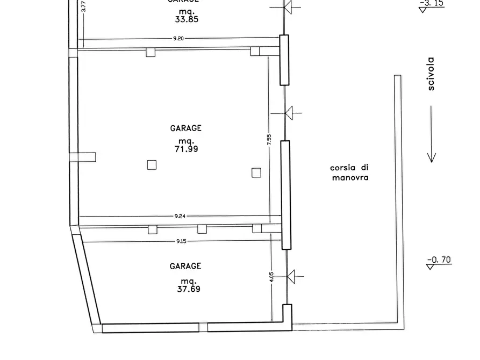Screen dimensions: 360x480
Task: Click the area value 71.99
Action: coord(186,149)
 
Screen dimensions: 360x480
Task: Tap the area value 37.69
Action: coord(186,289)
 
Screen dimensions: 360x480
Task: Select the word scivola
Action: coord(431,74)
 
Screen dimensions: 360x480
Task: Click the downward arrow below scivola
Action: coord(431,134)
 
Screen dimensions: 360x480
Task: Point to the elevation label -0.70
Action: coord(439,261)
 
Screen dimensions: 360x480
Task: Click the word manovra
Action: coord(350,177)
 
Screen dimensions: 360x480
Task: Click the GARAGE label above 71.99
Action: coord(186,128)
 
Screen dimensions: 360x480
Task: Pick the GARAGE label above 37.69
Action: coord(186,266)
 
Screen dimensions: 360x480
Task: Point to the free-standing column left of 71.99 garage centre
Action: coord(152,165)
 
